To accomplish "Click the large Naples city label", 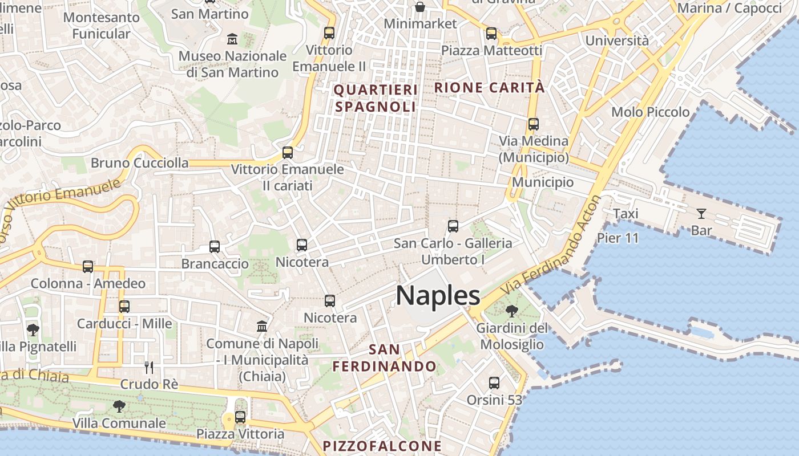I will (x=438, y=296).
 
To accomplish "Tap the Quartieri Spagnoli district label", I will (x=376, y=98).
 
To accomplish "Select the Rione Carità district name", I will (x=490, y=88).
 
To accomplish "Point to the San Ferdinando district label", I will (x=385, y=357).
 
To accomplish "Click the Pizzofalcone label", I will (x=382, y=446).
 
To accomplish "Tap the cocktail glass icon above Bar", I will (x=701, y=214).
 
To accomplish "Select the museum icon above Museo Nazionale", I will (x=232, y=39).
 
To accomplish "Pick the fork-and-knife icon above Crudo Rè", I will (x=150, y=367).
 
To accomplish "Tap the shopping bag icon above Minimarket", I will (x=420, y=7).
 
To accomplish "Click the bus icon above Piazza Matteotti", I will (x=491, y=34).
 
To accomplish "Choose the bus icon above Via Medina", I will (x=534, y=124).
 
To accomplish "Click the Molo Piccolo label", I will (x=651, y=112).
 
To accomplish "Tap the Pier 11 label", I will (x=618, y=238).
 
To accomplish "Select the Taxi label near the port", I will (x=626, y=214).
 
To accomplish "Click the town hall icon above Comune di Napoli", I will (x=262, y=327).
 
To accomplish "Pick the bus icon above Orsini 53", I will (x=494, y=382).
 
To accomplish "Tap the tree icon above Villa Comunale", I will (x=119, y=406).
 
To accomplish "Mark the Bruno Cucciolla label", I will (x=139, y=163).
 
